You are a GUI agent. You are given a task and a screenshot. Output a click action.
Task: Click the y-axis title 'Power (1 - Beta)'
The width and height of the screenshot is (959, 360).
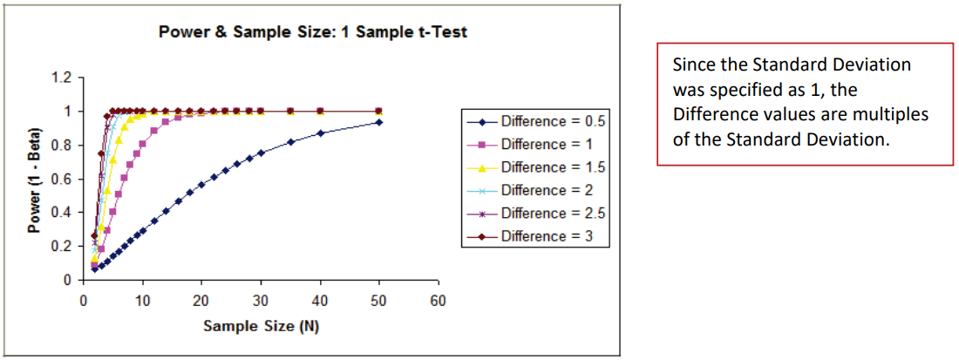(x=35, y=179)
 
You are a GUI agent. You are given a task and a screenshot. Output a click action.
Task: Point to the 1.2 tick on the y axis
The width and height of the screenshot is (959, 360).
(x=61, y=78)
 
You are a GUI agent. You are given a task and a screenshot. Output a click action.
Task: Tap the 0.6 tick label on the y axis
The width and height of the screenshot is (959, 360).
(x=61, y=180)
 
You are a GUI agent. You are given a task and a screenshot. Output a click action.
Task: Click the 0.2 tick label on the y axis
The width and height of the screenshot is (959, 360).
(x=61, y=247)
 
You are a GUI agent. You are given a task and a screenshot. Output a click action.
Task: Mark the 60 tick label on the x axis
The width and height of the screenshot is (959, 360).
(x=438, y=301)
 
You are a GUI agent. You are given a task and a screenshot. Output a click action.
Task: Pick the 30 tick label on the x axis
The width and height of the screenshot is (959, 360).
(x=260, y=301)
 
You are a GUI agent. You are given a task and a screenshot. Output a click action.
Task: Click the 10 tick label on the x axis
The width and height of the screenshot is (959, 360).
(x=142, y=301)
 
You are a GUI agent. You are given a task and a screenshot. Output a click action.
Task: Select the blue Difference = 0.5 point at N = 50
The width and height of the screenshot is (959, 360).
(x=378, y=122)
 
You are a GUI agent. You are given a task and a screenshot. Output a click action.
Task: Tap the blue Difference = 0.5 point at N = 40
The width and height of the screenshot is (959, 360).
(x=320, y=132)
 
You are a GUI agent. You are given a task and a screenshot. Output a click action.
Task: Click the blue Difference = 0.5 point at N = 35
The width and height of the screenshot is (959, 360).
(x=290, y=141)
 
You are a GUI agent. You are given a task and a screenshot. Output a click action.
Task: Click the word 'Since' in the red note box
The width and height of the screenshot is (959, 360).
(x=690, y=65)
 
